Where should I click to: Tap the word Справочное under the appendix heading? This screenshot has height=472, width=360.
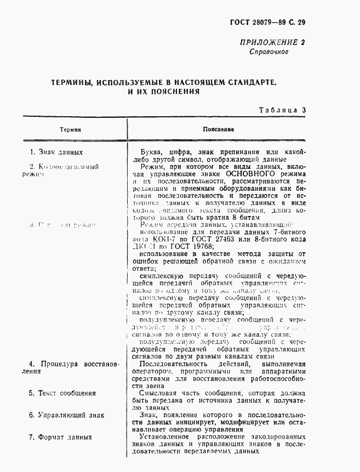point(268,52)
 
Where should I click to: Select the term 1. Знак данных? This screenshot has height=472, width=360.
point(56,152)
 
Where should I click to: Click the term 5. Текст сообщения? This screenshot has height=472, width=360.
point(63,393)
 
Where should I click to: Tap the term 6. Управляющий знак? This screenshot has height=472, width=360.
point(66,416)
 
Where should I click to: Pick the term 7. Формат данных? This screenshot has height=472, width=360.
point(61,437)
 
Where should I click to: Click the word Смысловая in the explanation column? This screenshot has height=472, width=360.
point(159,393)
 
